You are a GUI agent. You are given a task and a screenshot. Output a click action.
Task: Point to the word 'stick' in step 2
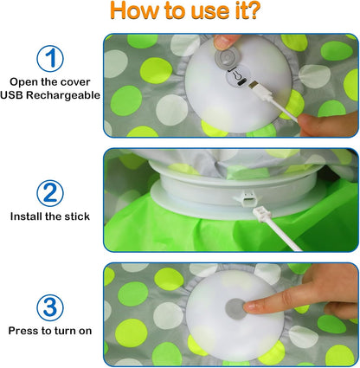pos(76,215)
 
